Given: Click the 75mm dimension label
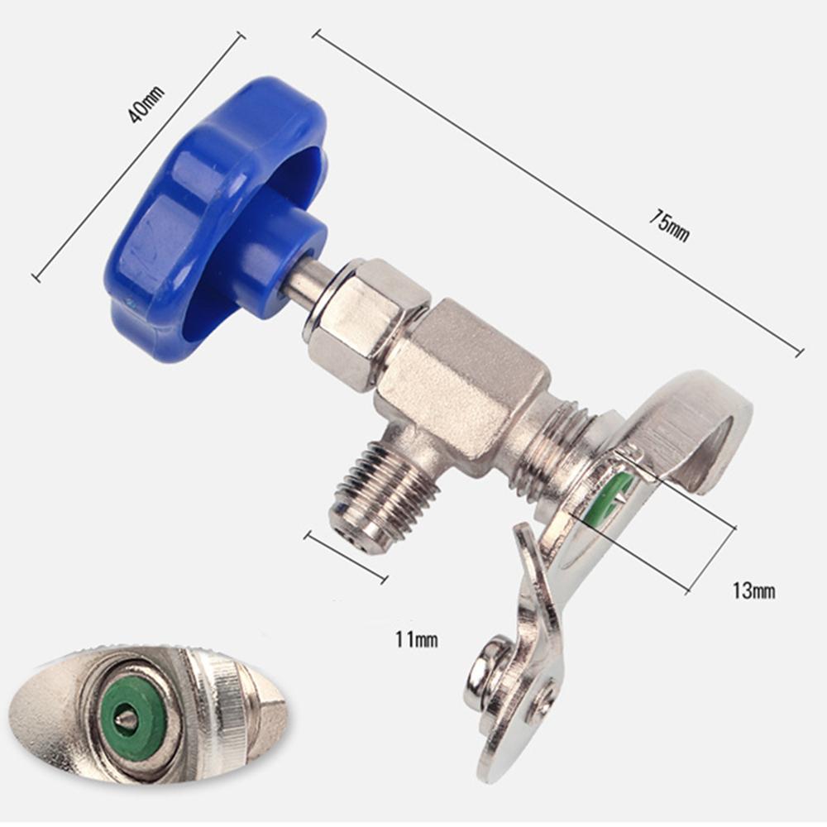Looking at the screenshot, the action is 669,225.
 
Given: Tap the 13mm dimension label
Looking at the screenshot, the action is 753,590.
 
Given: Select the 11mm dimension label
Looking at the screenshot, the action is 417,639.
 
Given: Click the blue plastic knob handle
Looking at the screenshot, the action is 216,216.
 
